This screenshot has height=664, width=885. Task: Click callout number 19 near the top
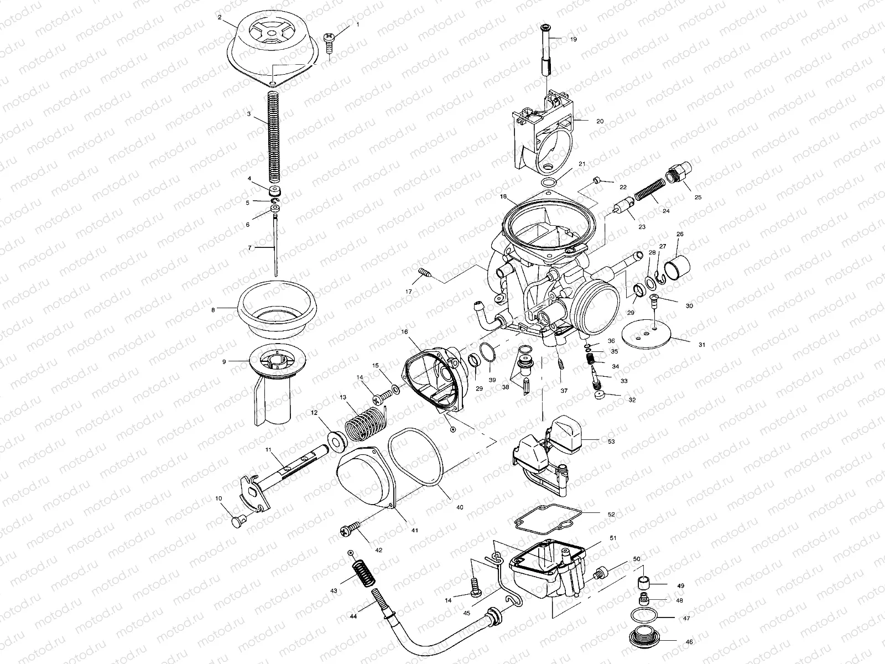pos(573,39)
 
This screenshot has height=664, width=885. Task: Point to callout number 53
pos(611,441)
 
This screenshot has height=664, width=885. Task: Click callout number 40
pos(459,507)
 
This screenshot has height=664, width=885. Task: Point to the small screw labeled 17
pos(424,273)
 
